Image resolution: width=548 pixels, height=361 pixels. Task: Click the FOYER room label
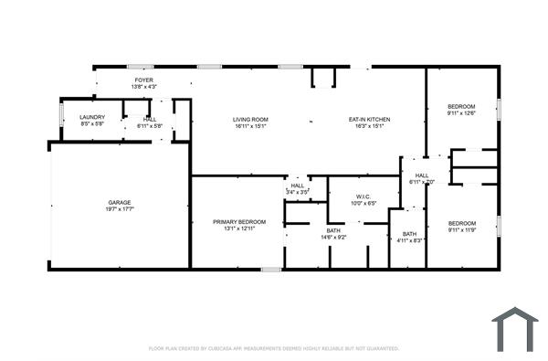[143, 80]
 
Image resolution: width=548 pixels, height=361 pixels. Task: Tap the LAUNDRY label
[92, 117]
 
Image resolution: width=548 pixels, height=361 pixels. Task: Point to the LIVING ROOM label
[249, 120]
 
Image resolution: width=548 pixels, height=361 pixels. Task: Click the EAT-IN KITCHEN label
[370, 120]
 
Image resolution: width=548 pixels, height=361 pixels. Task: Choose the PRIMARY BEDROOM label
[239, 222]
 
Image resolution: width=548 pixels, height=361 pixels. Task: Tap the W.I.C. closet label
[364, 196]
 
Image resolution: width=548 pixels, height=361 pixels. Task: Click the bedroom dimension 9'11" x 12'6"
[462, 113]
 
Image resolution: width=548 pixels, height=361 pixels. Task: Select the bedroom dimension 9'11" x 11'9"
[462, 229]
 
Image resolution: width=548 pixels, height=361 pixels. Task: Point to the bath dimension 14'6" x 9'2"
[333, 238]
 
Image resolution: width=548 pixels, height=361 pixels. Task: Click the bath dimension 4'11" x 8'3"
[408, 240]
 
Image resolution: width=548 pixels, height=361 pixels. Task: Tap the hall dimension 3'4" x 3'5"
[298, 192]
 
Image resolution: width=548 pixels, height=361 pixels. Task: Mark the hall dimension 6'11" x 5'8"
[150, 125]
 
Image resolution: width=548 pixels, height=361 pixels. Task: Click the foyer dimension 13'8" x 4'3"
[143, 88]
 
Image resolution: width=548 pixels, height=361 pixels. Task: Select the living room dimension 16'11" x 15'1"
[249, 127]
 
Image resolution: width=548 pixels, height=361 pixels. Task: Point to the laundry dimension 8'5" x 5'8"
[92, 124]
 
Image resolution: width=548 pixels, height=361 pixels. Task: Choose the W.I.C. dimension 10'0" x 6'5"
[364, 203]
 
